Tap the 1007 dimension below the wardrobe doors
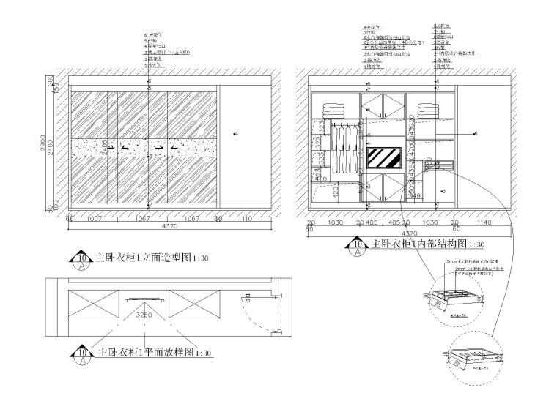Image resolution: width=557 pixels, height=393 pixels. (94, 218)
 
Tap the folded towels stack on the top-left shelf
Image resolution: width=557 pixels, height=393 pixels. (335, 109)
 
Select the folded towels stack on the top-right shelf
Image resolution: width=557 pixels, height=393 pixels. (427, 109)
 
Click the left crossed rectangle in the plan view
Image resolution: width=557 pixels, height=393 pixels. (93, 302)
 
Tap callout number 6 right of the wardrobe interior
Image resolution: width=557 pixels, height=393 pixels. (476, 133)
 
